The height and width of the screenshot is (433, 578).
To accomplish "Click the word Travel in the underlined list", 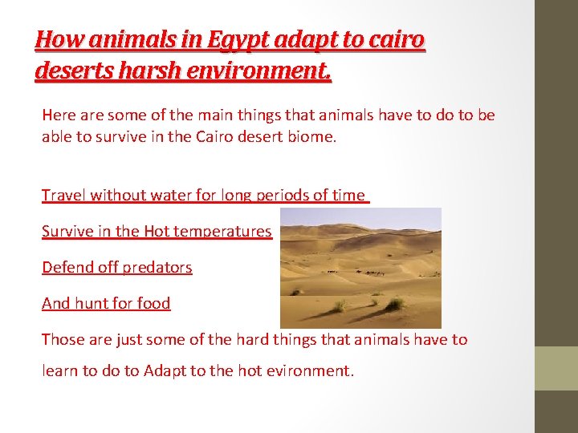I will pyautogui.click(x=64, y=195).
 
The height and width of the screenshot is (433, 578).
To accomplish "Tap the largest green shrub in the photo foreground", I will pyautogui.click(x=394, y=304).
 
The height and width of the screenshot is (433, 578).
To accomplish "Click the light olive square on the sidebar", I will pyautogui.click(x=556, y=368).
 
